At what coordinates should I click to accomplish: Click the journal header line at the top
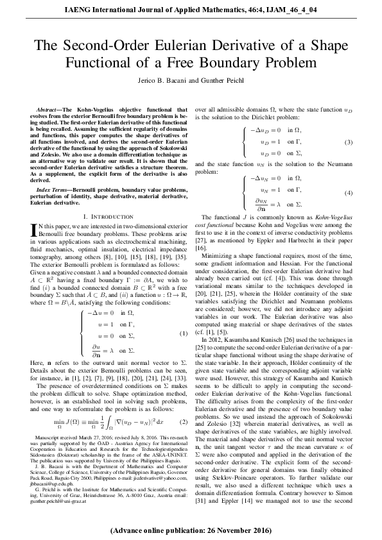pyautogui.click(x=191, y=8)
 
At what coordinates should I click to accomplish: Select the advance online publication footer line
pyautogui.click(x=191, y=532)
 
